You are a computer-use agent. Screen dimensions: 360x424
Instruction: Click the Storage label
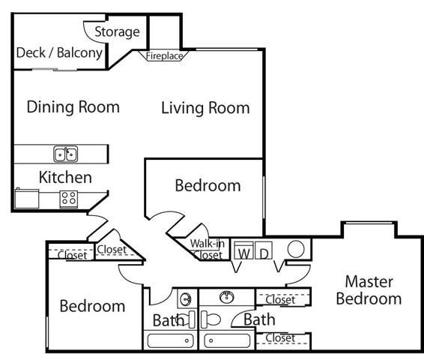118,31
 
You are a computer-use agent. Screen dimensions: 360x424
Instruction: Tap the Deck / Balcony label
59,52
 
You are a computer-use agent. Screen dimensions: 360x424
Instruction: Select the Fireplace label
164,55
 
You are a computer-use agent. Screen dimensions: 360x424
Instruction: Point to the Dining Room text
73,106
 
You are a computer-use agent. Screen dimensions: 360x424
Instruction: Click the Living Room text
205,108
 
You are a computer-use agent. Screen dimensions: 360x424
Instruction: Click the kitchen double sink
66,154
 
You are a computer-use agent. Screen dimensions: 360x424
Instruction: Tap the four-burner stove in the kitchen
69,199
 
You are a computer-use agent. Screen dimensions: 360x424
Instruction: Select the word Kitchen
65,178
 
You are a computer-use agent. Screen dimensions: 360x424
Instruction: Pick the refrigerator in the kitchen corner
27,199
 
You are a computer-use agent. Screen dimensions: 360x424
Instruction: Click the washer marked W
243,253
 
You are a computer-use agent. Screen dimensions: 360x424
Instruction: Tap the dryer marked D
264,253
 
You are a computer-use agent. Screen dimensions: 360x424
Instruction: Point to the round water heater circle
295,250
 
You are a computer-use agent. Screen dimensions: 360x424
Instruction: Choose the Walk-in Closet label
207,249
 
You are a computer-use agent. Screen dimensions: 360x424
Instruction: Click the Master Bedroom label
368,289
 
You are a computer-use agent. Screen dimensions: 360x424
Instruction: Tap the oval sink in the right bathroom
224,297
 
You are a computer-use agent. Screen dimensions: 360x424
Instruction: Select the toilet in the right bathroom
211,318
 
